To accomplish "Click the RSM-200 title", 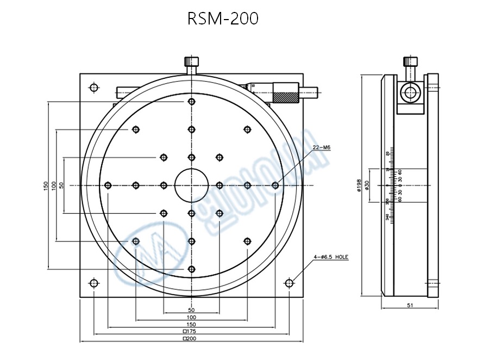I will (x=223, y=19).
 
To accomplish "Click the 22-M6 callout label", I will (x=322, y=147).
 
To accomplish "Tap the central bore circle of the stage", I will (x=191, y=185).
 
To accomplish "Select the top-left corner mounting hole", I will (x=95, y=87).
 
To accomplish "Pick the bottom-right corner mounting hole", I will (x=289, y=283).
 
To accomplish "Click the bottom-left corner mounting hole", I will (x=95, y=283).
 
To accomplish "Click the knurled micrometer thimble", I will (x=286, y=92).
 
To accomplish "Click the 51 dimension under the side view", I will (x=410, y=306).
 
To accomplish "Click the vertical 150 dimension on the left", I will (x=46, y=185).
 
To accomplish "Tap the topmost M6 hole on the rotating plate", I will (x=191, y=102).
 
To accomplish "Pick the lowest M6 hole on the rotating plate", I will (x=191, y=269).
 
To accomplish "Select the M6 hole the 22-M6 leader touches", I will (x=275, y=185).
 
